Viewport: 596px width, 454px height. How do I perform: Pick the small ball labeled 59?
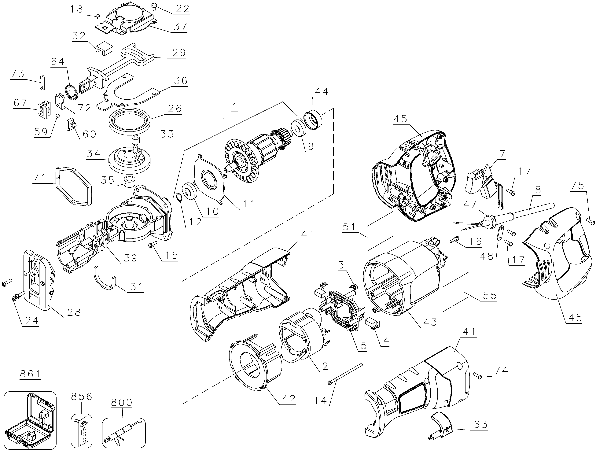pos(57,116)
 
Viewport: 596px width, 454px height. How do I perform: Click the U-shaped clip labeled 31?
pos(105,278)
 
